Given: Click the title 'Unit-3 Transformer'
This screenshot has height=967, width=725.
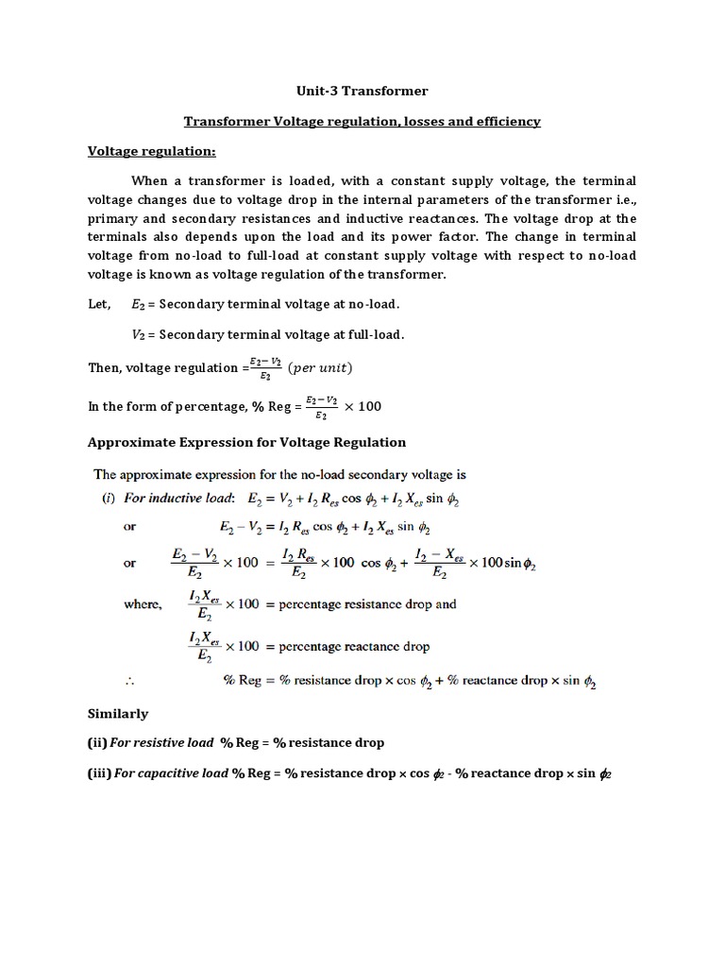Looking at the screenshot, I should point(362,92).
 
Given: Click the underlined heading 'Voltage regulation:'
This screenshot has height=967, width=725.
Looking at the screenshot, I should point(152,151).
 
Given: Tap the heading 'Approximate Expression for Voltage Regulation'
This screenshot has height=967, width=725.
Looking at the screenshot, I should point(246,442).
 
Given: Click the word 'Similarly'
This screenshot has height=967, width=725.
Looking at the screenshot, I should point(118,714).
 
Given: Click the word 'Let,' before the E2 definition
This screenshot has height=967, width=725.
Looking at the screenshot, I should point(99,305).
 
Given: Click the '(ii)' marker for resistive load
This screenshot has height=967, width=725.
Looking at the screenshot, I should point(98,743).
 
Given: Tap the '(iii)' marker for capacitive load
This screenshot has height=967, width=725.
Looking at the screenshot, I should point(100,773).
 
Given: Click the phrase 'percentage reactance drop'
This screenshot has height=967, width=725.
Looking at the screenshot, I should point(354,647).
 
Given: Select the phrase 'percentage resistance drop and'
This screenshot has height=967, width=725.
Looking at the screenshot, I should point(367,604).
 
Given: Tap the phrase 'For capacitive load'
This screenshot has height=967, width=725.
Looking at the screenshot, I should point(171,773).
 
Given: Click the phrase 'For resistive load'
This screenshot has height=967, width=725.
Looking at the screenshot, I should point(162,743).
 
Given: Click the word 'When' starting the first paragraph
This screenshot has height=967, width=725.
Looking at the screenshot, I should point(149,180).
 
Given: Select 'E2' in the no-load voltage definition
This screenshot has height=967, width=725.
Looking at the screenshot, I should point(139,305).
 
